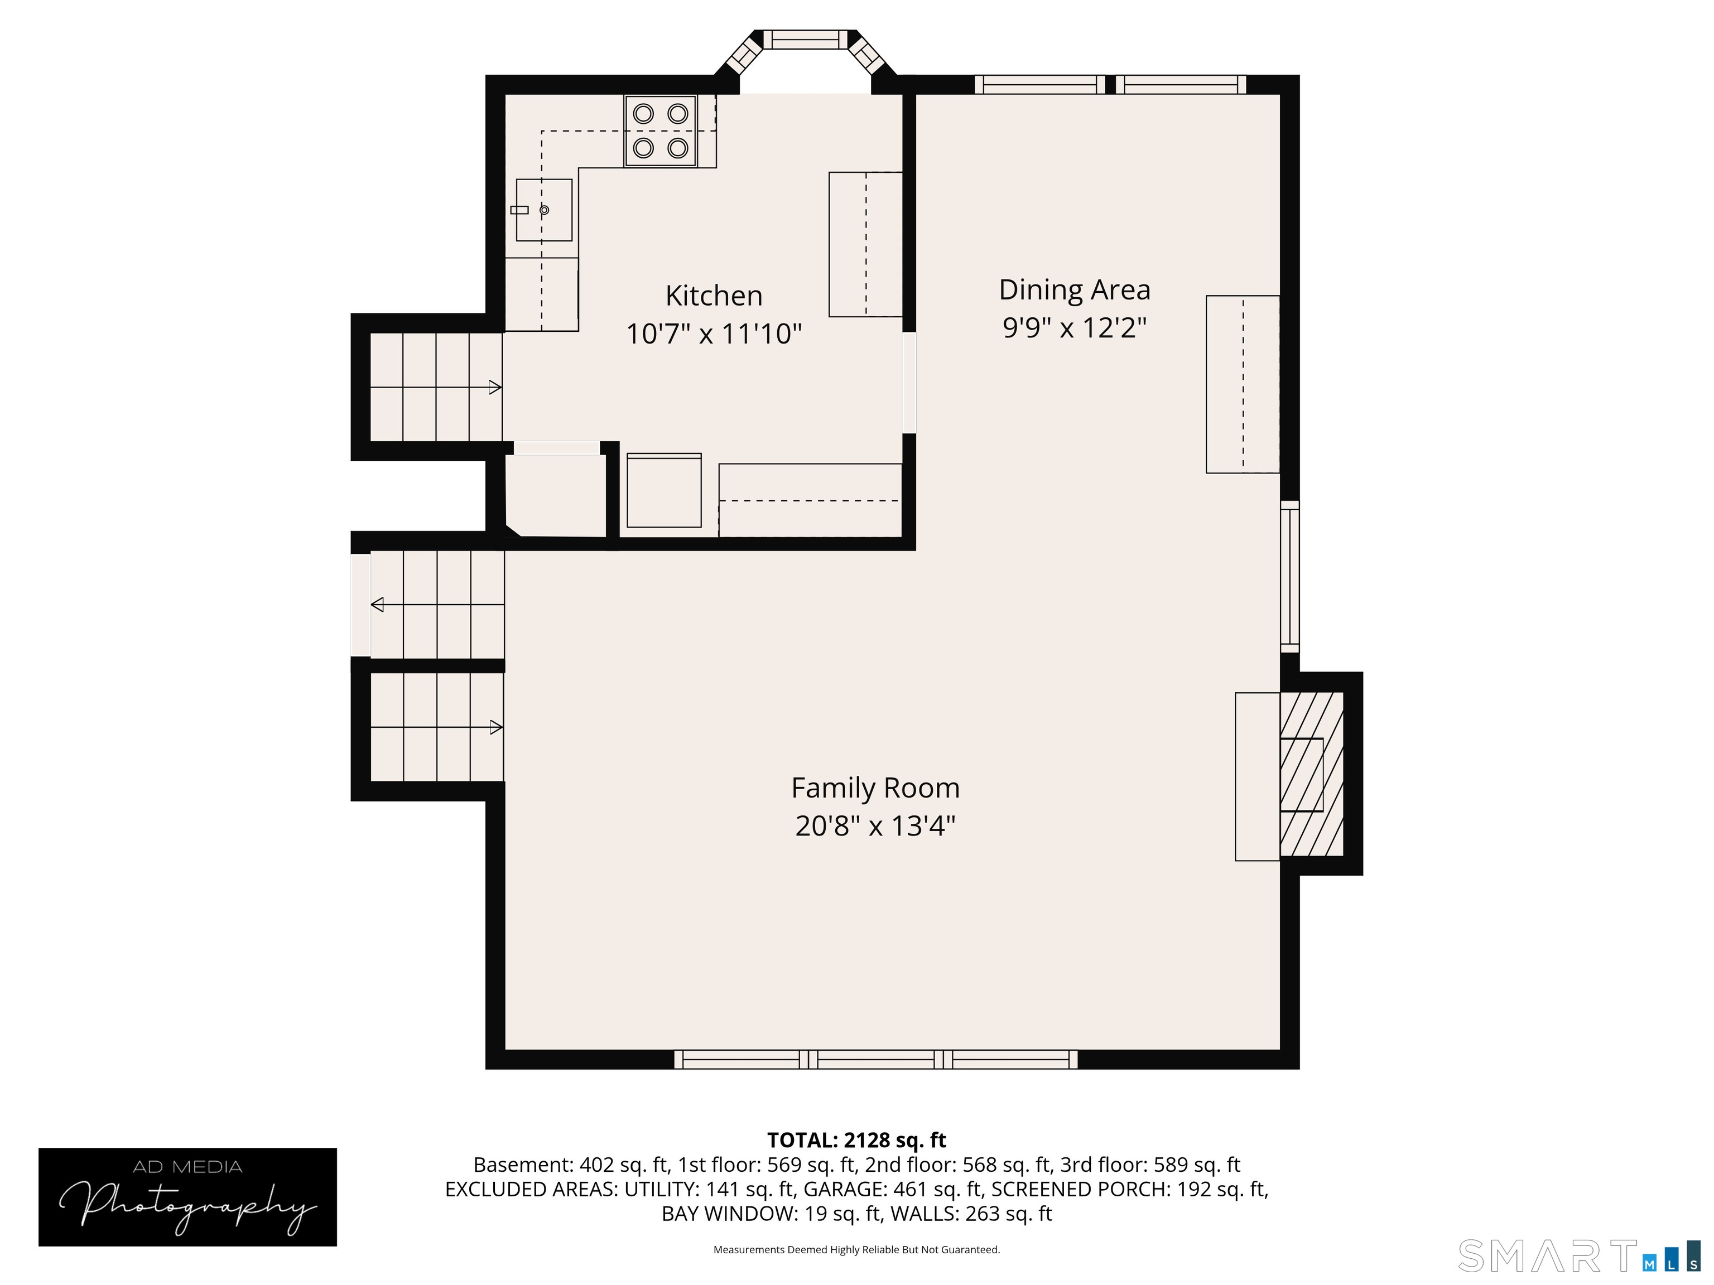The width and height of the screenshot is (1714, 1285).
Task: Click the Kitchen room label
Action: click(x=714, y=296)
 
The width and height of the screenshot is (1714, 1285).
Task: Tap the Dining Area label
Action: click(x=1074, y=289)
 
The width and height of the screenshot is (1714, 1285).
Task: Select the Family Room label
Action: click(x=875, y=788)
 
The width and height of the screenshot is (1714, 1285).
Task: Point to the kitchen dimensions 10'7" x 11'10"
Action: click(x=714, y=334)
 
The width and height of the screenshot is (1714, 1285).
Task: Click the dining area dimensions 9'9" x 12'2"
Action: click(x=1074, y=327)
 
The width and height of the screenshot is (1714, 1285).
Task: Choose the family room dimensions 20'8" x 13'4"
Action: click(x=875, y=825)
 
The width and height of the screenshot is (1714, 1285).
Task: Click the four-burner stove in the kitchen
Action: click(x=660, y=131)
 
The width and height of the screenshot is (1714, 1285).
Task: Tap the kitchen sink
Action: click(x=544, y=210)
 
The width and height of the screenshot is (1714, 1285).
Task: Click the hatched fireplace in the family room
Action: click(x=1311, y=774)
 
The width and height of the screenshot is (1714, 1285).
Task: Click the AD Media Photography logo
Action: click(x=187, y=1197)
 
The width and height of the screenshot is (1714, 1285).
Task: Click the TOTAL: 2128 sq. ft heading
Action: click(x=856, y=1140)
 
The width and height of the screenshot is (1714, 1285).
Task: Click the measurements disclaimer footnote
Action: click(x=856, y=1249)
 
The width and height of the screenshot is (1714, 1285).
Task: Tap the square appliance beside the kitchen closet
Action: click(x=664, y=490)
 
